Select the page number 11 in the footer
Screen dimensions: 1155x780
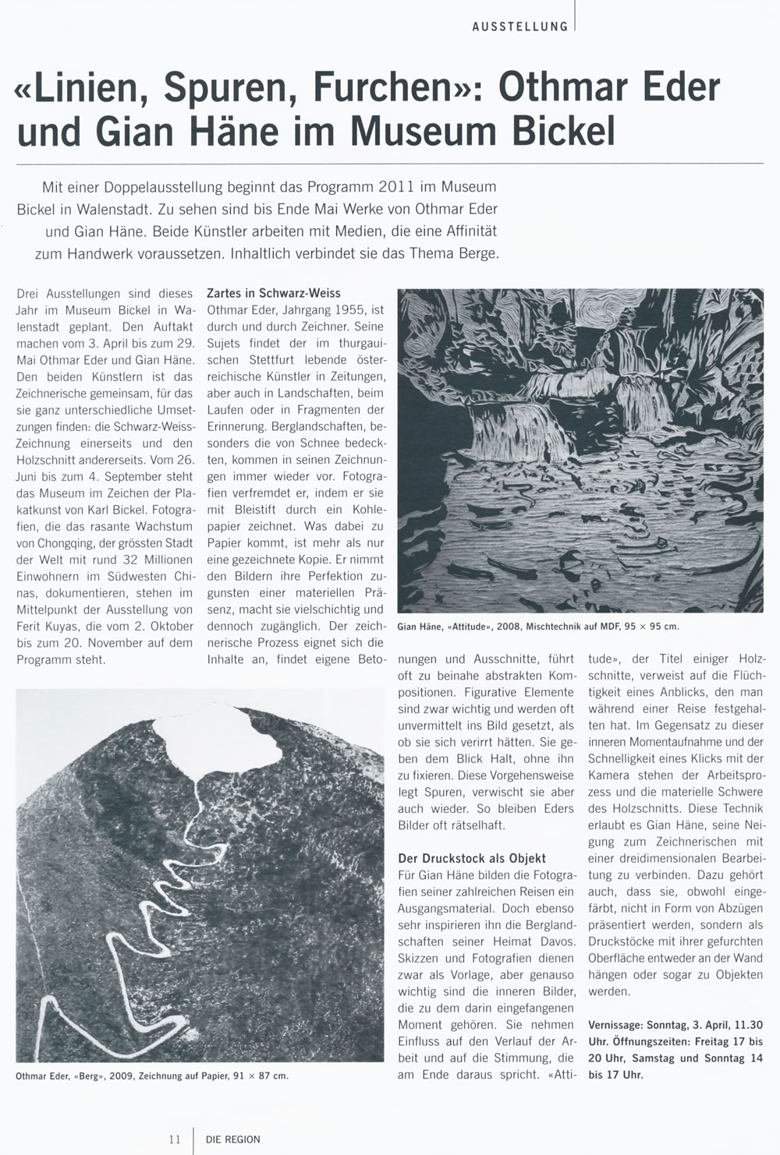(x=175, y=1139)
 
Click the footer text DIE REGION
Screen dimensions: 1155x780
(x=233, y=1139)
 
